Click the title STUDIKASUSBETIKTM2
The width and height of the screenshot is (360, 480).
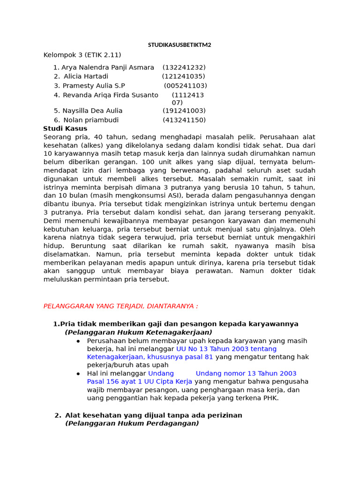[180, 45]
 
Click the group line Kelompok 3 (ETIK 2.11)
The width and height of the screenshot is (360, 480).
[82, 55]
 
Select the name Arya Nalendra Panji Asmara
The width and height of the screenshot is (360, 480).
[108, 67]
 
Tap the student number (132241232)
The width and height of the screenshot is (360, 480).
[184, 67]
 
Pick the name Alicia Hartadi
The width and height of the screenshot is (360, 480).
[86, 76]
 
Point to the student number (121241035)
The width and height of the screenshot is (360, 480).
[183, 76]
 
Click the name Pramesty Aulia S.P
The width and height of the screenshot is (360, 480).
[94, 86]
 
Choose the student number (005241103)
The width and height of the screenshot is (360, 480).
[185, 86]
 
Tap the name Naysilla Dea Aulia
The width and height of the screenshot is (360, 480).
[92, 111]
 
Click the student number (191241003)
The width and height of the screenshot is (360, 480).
[184, 111]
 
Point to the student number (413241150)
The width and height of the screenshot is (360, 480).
[184, 120]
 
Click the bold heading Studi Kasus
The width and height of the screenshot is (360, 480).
[65, 128]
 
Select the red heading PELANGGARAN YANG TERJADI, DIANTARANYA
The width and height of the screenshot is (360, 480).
[120, 306]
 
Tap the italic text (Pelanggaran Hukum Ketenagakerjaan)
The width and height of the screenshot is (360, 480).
[138, 332]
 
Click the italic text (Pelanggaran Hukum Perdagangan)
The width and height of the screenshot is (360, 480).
[132, 423]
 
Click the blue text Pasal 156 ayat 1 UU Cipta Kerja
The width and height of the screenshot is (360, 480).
[140, 382]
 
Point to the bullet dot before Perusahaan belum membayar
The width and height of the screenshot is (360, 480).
[78, 341]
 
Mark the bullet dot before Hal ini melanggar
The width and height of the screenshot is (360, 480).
[78, 374]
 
